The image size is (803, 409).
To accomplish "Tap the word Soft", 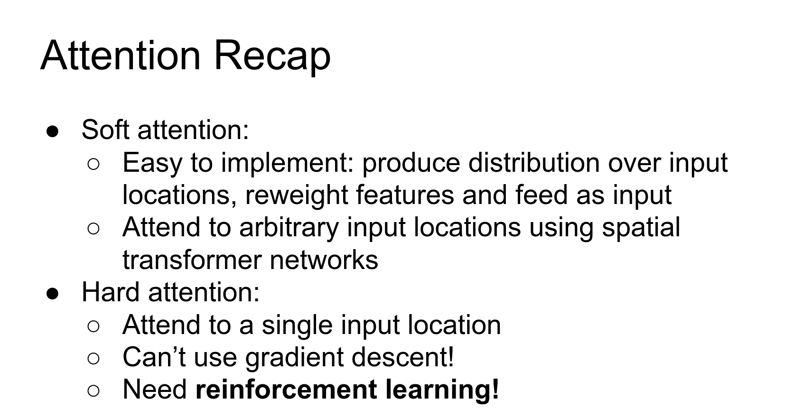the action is click(x=105, y=130).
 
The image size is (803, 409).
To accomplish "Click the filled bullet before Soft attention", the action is click(x=52, y=131).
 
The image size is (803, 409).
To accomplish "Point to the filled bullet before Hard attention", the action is click(x=52, y=294).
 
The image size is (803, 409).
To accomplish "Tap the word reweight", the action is click(x=297, y=196).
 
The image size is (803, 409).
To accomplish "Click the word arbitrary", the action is click(x=289, y=228).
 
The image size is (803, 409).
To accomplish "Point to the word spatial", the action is click(x=641, y=228).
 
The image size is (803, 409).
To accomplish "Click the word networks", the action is click(x=324, y=260).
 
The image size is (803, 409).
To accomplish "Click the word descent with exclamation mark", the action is click(x=402, y=357).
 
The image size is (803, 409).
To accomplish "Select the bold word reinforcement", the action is click(x=286, y=390).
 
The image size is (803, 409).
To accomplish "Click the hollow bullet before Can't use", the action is click(x=93, y=358).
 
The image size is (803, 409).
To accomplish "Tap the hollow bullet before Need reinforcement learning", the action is click(x=93, y=391).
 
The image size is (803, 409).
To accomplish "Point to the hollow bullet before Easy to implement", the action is click(x=93, y=164).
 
